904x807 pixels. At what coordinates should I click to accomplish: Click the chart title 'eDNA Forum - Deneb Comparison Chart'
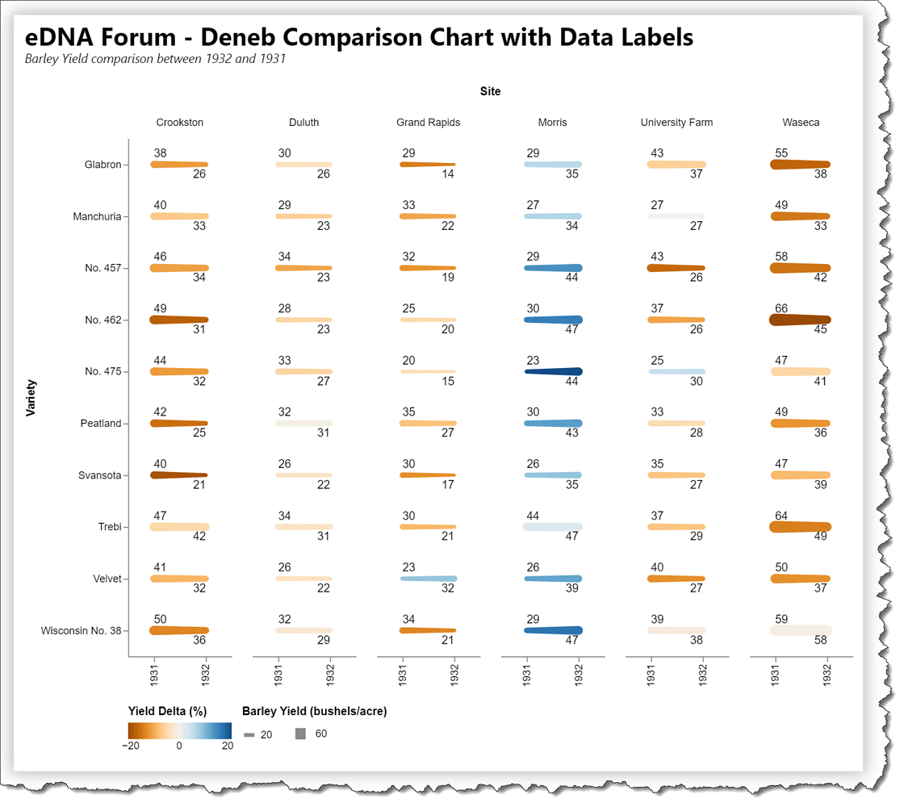358,37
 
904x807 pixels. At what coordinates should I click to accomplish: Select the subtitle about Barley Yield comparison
155,59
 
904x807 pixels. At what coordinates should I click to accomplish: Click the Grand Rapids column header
428,123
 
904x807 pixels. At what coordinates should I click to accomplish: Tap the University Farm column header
676,123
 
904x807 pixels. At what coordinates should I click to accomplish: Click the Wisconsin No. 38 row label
81,630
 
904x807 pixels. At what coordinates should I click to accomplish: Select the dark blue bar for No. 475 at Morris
554,371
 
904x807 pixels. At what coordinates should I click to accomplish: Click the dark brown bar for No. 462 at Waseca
800,320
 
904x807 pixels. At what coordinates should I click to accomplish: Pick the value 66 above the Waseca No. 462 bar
781,308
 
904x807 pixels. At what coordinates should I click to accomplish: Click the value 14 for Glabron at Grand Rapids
447,174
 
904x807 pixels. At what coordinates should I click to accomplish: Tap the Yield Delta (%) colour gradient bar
179,730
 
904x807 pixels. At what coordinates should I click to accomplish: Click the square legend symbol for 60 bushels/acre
301,734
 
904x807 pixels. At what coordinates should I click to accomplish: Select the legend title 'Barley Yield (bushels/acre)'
314,711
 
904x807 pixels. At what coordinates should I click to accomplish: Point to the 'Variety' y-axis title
31,398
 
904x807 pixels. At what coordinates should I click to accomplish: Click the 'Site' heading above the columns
490,91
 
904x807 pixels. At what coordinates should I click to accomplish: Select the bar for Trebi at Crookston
179,527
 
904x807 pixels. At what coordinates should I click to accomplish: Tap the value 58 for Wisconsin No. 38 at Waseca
821,640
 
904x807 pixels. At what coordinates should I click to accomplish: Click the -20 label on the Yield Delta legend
130,746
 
